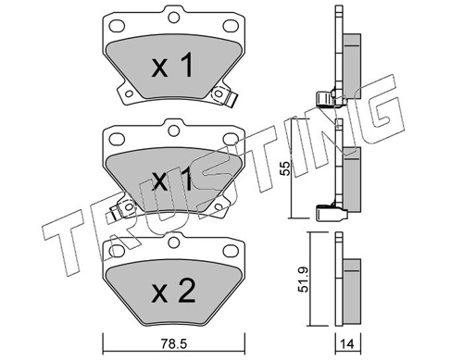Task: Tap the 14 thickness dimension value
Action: [x=347, y=344]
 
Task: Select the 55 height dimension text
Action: [x=286, y=168]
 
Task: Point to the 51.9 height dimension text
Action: [x=305, y=279]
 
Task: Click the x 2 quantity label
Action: [x=173, y=291]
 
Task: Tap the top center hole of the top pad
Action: [x=174, y=17]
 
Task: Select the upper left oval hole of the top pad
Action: [x=117, y=26]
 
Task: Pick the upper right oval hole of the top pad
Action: [x=230, y=26]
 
